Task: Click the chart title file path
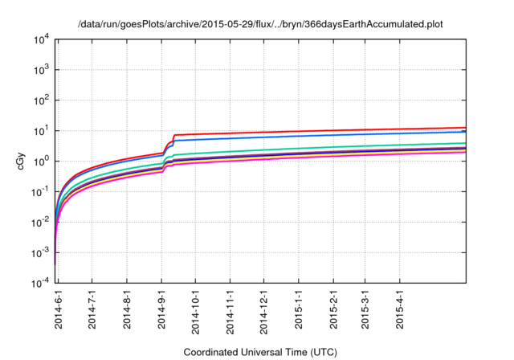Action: click(x=260, y=24)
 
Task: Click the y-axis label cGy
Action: click(x=21, y=161)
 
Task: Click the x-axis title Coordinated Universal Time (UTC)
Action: click(x=259, y=352)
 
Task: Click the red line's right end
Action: click(x=465, y=128)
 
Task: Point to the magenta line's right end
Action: click(x=465, y=152)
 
